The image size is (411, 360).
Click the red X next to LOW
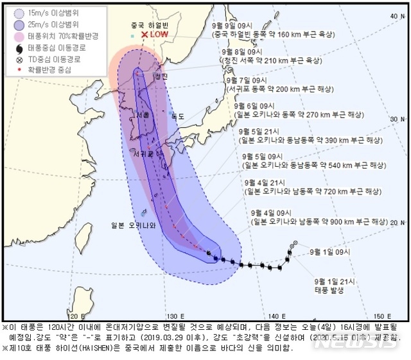point(145,35)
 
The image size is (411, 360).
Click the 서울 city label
point(143,114)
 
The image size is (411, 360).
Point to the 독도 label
point(177,117)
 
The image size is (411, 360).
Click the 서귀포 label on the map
point(143,154)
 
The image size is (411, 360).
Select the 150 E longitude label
point(383,316)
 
